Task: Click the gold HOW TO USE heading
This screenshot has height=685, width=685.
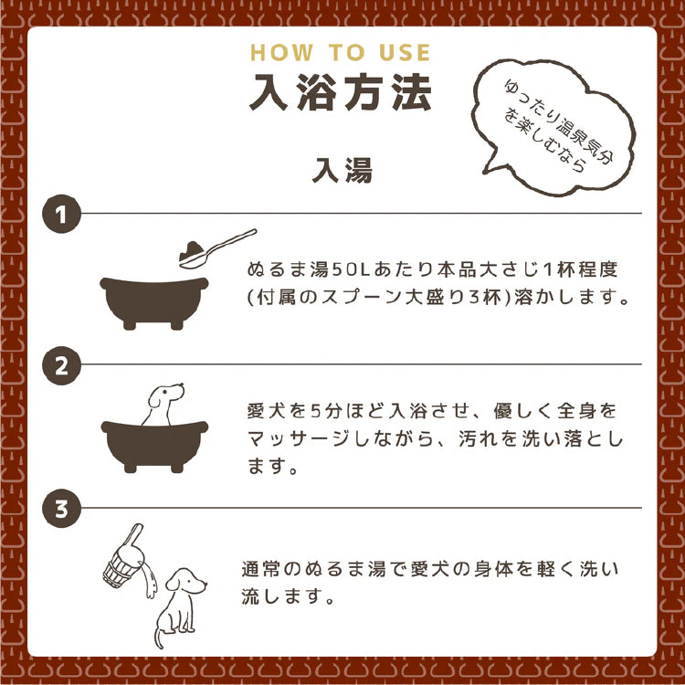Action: click(341, 52)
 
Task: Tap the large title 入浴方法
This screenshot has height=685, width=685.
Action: click(341, 92)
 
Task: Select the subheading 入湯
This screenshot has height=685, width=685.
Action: click(342, 170)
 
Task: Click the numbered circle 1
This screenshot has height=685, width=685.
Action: click(61, 214)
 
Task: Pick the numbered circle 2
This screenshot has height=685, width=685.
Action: click(61, 365)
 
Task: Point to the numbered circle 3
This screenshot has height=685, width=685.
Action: click(61, 508)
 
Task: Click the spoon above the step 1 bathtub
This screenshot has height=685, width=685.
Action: click(217, 248)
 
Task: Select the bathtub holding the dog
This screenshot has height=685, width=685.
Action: click(154, 446)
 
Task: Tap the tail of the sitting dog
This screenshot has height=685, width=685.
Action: click(159, 638)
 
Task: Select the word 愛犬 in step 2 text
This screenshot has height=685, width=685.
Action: click(263, 411)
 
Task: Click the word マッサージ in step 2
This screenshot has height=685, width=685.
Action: click(298, 438)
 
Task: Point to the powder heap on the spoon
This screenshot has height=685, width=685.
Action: click(192, 249)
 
